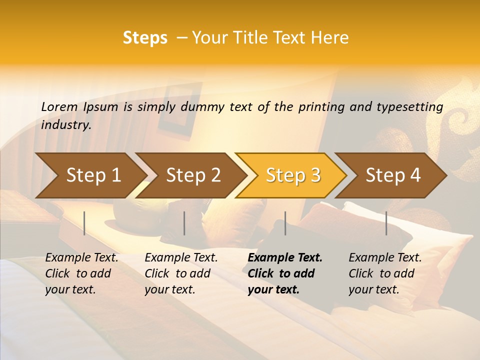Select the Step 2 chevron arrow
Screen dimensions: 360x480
192,175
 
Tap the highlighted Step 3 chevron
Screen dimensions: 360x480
292,175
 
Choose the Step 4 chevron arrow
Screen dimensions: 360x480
392,175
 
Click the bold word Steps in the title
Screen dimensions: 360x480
145,38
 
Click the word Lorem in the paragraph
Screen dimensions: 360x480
59,107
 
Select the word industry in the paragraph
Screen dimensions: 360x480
65,125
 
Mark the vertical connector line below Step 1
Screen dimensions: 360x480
84,223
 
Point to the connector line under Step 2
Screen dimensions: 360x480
184,223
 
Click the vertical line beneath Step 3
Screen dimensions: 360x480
285,223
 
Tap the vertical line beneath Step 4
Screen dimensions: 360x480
386,223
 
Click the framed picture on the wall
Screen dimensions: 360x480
176,111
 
